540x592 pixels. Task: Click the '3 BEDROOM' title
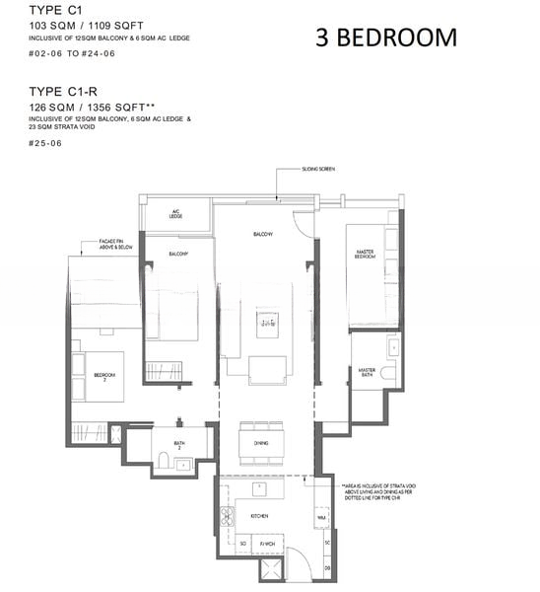point(386,37)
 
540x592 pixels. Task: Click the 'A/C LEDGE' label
point(177,214)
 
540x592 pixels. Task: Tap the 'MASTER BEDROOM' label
point(367,255)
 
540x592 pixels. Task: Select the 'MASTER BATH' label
point(368,373)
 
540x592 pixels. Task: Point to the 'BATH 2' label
point(179,444)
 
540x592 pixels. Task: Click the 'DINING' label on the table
point(261,444)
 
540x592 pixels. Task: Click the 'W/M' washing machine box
point(321,516)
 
